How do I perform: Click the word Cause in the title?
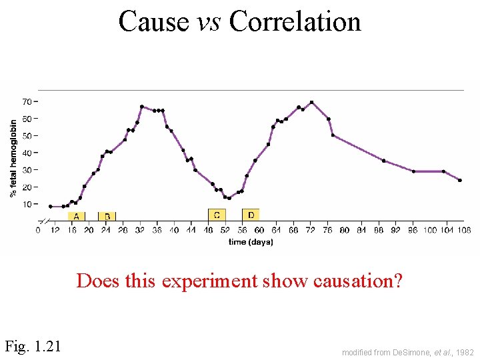point(153,21)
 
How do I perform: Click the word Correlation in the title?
point(295,21)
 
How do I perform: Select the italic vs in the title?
point(209,21)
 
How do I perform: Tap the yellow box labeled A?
point(76,216)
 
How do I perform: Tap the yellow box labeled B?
point(107,216)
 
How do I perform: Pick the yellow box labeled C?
point(217,215)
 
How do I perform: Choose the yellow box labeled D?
point(251,215)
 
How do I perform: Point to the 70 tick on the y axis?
point(27,101)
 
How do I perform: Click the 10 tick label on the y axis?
point(27,204)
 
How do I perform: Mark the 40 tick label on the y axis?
point(27,153)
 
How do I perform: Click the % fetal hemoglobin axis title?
point(13,159)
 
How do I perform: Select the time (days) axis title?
point(251,242)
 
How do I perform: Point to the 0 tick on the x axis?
point(38,230)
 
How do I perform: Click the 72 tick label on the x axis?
point(311,230)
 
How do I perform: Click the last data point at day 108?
point(459,180)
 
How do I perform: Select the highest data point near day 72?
point(311,102)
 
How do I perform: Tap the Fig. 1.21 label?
point(33,346)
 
